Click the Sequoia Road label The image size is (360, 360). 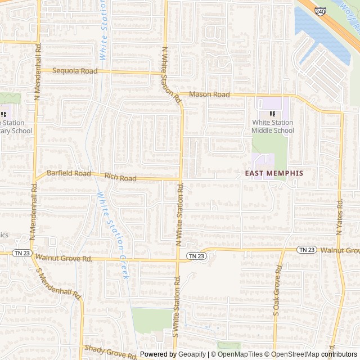[x=75, y=71]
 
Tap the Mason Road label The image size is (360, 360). [x=209, y=94]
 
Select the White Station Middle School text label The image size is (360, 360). [x=273, y=127]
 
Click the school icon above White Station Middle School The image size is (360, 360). [x=273, y=114]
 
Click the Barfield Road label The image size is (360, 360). [x=69, y=174]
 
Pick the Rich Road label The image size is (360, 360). [x=120, y=178]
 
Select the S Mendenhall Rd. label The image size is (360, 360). [x=59, y=283]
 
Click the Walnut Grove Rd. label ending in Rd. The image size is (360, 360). [x=64, y=258]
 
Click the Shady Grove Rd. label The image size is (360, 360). [x=111, y=352]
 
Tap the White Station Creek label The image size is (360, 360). [x=115, y=236]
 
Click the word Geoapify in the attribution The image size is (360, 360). [x=192, y=354]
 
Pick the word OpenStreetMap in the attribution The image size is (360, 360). [x=294, y=354]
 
